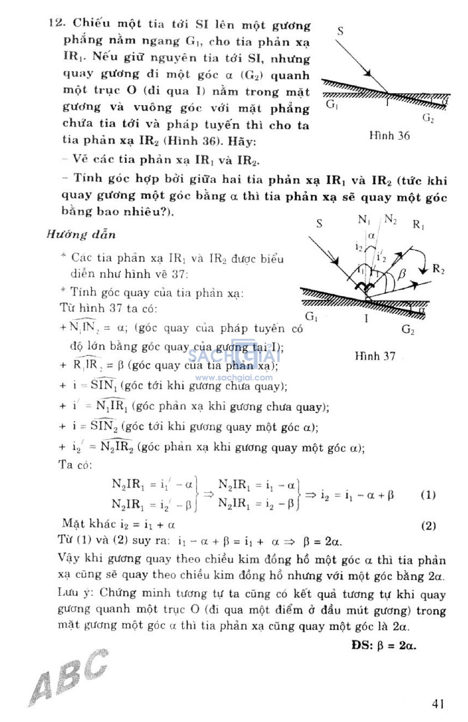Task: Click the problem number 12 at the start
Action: (x=57, y=22)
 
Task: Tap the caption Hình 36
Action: (x=389, y=136)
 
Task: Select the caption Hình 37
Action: (x=375, y=356)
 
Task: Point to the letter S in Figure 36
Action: (x=340, y=31)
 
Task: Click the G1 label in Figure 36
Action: (x=332, y=105)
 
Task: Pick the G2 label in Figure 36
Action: (x=428, y=118)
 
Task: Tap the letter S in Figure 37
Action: (x=319, y=223)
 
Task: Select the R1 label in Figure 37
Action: (x=418, y=225)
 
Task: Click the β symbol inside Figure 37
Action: (x=402, y=274)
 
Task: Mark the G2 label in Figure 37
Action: (x=408, y=330)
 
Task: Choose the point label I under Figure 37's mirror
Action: (x=367, y=319)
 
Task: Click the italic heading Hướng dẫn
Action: (x=81, y=235)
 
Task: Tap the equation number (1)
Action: (x=428, y=495)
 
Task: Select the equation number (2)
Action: (x=428, y=526)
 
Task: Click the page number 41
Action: (x=438, y=704)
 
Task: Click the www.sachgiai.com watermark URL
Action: (x=234, y=378)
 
